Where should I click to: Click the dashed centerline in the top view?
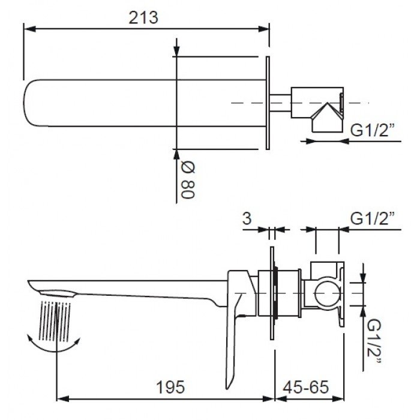(252, 103)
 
